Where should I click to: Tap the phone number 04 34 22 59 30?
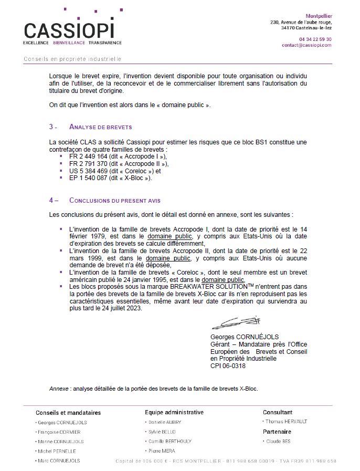tap(315, 39)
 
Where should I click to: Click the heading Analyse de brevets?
tap(100, 127)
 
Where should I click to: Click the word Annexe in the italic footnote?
tap(59, 389)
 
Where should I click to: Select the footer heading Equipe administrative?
tap(174, 413)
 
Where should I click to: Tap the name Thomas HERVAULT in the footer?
tap(286, 422)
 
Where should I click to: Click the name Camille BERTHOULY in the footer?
tap(170, 441)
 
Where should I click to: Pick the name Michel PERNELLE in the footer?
tap(57, 451)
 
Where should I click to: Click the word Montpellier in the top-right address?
tap(319, 16)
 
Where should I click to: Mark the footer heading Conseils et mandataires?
tap(68, 413)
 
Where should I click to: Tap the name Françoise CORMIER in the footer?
tap(58, 432)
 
